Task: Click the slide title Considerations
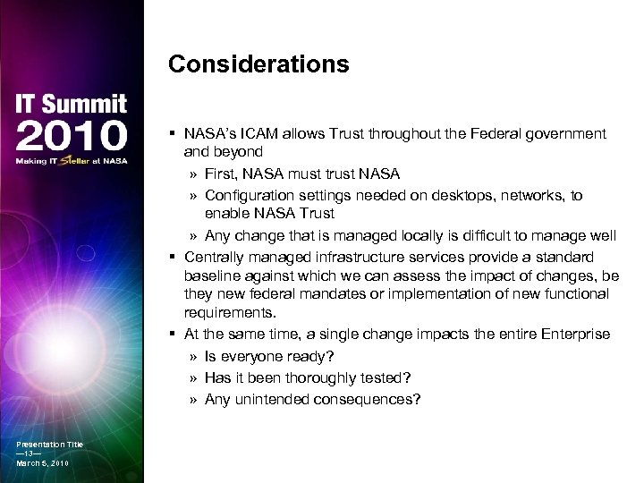(x=258, y=65)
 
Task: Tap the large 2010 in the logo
(x=71, y=136)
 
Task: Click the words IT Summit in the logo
(x=71, y=105)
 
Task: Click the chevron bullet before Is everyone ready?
(x=193, y=355)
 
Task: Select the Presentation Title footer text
(x=49, y=445)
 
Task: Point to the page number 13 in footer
(x=30, y=453)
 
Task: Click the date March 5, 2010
(x=42, y=463)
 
